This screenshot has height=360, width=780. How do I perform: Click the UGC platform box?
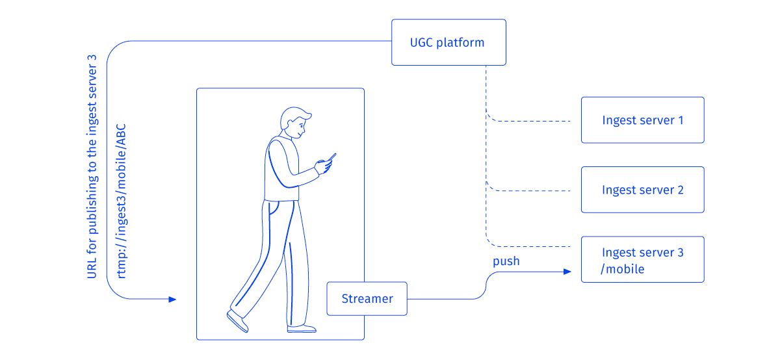tap(448, 42)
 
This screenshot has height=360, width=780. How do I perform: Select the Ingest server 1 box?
tap(642, 120)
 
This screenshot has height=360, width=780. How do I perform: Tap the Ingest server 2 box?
tap(642, 190)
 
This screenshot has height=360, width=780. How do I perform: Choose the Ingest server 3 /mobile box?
tap(642, 259)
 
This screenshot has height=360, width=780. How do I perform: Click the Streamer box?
tap(367, 299)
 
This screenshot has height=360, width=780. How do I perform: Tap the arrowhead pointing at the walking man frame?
tap(172, 300)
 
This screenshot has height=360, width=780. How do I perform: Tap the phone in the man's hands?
tap(331, 159)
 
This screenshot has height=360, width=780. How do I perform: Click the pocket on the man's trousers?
tap(276, 209)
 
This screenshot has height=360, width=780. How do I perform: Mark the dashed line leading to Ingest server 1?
tap(530, 121)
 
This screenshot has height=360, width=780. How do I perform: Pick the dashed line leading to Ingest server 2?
tap(530, 190)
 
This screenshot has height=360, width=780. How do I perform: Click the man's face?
tap(298, 129)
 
